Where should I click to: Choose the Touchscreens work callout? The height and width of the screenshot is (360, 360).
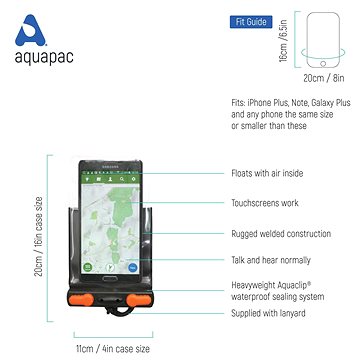267,204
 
